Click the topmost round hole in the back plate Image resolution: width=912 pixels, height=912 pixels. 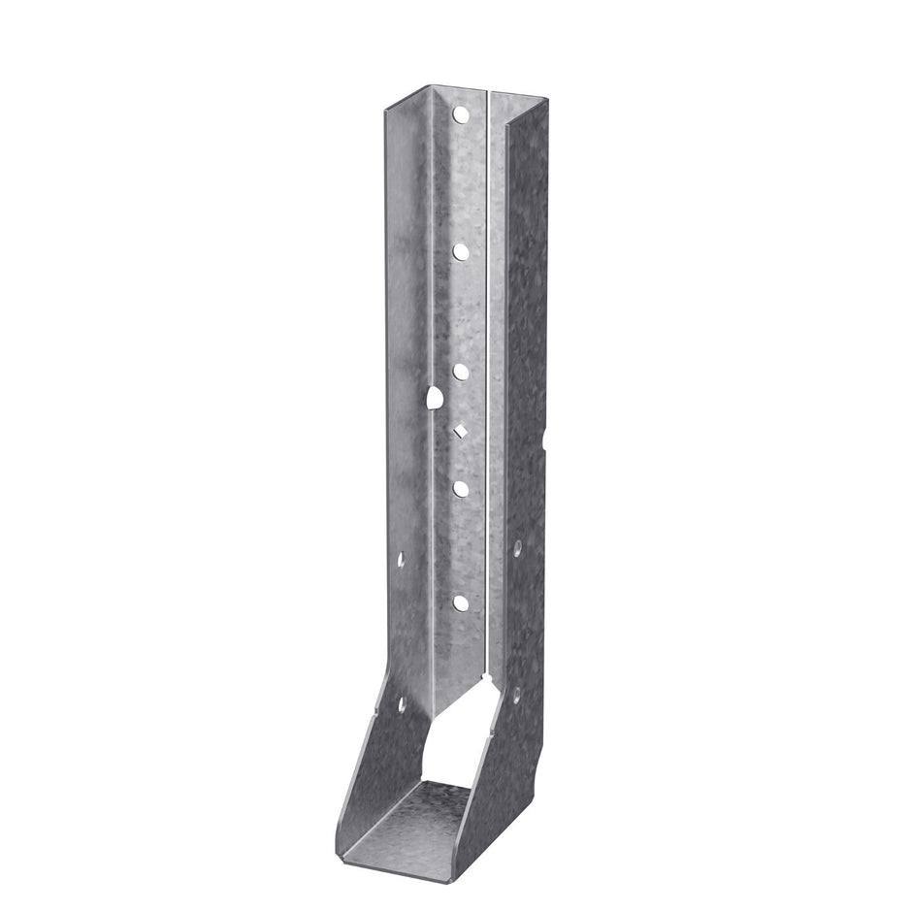pos(460,115)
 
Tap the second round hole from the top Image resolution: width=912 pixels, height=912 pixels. pos(461,251)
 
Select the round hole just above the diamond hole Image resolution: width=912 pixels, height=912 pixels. pos(461,371)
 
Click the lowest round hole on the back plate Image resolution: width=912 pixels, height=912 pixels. pos(461,603)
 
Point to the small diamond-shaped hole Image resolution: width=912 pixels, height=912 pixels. pos(461,430)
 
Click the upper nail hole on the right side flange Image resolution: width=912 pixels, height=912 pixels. pos(518,549)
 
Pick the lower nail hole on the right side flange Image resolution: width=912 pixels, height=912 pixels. pos(516,695)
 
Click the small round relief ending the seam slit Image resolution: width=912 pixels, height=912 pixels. pos(484,668)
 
